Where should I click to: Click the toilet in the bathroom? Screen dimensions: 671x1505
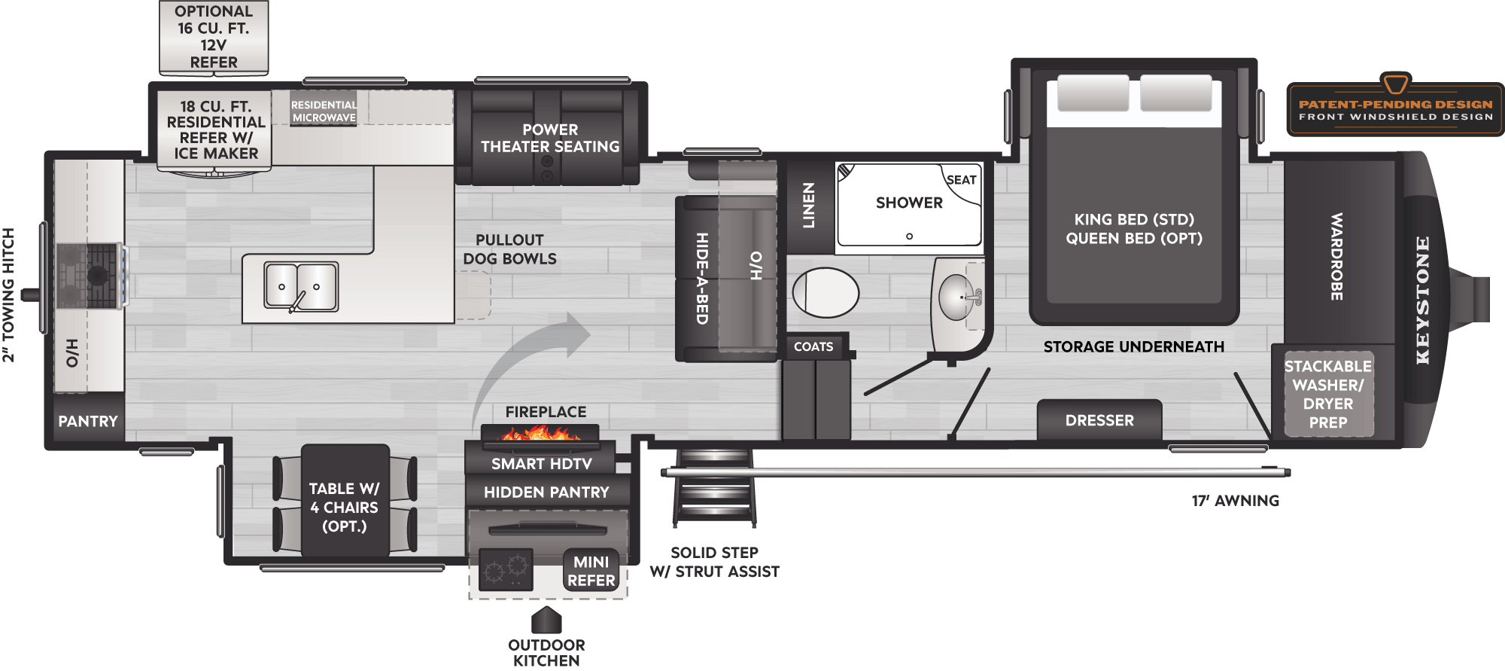pyautogui.click(x=825, y=293)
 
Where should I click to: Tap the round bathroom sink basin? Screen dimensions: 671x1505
pyautogui.click(x=956, y=297)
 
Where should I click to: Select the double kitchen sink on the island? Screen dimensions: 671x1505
pyautogui.click(x=300, y=286)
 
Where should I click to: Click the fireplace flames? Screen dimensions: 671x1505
pyautogui.click(x=540, y=433)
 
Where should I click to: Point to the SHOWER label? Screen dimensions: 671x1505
pyautogui.click(x=909, y=203)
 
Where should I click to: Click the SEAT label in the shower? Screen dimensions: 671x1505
pyautogui.click(x=961, y=180)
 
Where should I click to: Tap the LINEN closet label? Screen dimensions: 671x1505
pyautogui.click(x=809, y=205)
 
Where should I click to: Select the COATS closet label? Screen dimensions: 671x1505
pyautogui.click(x=813, y=346)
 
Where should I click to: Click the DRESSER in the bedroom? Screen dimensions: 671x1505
pyautogui.click(x=1099, y=420)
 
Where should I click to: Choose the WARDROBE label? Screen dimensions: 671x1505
pyautogui.click(x=1336, y=256)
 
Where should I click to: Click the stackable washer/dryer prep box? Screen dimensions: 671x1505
pyautogui.click(x=1328, y=394)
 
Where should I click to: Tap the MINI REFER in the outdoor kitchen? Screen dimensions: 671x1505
pyautogui.click(x=591, y=571)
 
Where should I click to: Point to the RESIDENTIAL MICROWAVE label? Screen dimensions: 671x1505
pyautogui.click(x=324, y=111)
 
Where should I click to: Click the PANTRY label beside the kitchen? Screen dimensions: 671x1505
pyautogui.click(x=88, y=421)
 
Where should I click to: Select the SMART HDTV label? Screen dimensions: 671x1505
pyautogui.click(x=541, y=464)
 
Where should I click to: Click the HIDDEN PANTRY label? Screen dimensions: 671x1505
pyautogui.click(x=546, y=493)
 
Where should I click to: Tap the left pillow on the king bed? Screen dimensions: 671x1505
pyautogui.click(x=1093, y=93)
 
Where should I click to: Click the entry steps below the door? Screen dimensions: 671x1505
pyautogui.click(x=714, y=487)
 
